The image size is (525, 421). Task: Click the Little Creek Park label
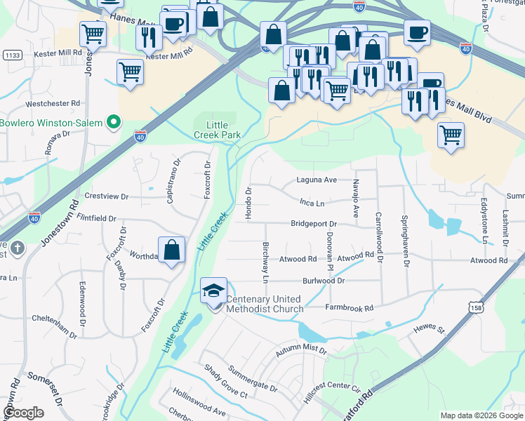coord(218,129)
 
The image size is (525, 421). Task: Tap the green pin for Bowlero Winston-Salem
coord(113,123)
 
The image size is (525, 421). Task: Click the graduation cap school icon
coord(214,291)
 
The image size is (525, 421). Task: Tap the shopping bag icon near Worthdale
coord(172,250)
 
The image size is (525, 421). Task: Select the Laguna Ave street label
coord(316,180)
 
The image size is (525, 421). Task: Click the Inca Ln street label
coord(312,203)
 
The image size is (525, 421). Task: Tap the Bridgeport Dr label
coord(314,225)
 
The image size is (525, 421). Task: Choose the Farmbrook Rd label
coord(349,308)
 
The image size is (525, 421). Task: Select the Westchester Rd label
coord(53,103)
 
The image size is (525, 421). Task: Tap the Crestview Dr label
coord(107,196)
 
